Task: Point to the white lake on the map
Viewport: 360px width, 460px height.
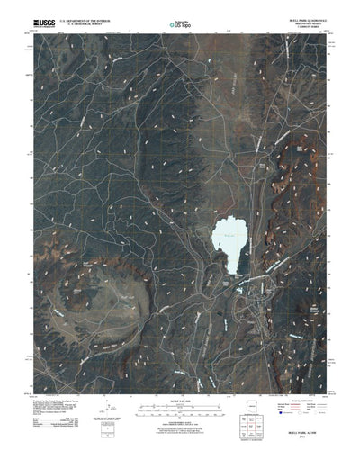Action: click(x=228, y=241)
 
